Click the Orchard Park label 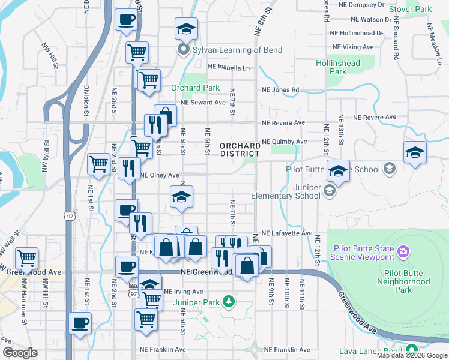tap(195, 88)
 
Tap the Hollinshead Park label tap(339, 67)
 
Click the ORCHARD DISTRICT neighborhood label tap(240, 149)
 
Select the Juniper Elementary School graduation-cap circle tap(330, 191)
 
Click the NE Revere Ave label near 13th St tap(375, 118)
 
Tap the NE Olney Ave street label tap(160, 176)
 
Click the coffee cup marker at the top tap(126, 20)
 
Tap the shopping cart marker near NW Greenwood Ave tap(26, 259)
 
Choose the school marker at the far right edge tap(415, 153)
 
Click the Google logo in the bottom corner tap(20, 353)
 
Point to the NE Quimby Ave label tap(285, 142)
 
